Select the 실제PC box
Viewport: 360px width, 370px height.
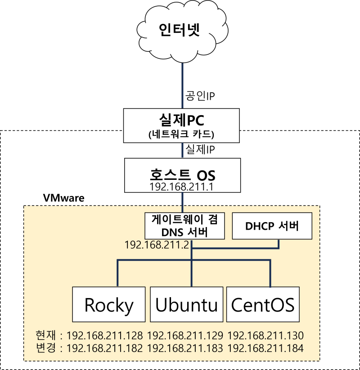182,126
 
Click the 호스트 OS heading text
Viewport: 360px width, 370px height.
182,174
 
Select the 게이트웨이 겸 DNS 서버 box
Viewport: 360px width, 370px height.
185,226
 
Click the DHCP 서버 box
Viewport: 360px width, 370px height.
272,226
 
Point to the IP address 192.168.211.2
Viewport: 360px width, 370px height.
157,245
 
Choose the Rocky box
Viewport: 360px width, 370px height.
109,304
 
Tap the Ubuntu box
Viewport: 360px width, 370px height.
186,304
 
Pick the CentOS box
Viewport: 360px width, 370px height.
263,304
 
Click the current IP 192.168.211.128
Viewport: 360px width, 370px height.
104,335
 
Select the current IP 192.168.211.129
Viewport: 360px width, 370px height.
185,335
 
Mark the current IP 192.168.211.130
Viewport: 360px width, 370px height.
265,335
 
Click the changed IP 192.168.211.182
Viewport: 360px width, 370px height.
104,348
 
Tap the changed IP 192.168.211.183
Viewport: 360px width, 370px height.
185,348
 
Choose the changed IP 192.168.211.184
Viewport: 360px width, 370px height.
265,348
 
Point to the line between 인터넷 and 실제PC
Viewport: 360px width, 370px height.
183,85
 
